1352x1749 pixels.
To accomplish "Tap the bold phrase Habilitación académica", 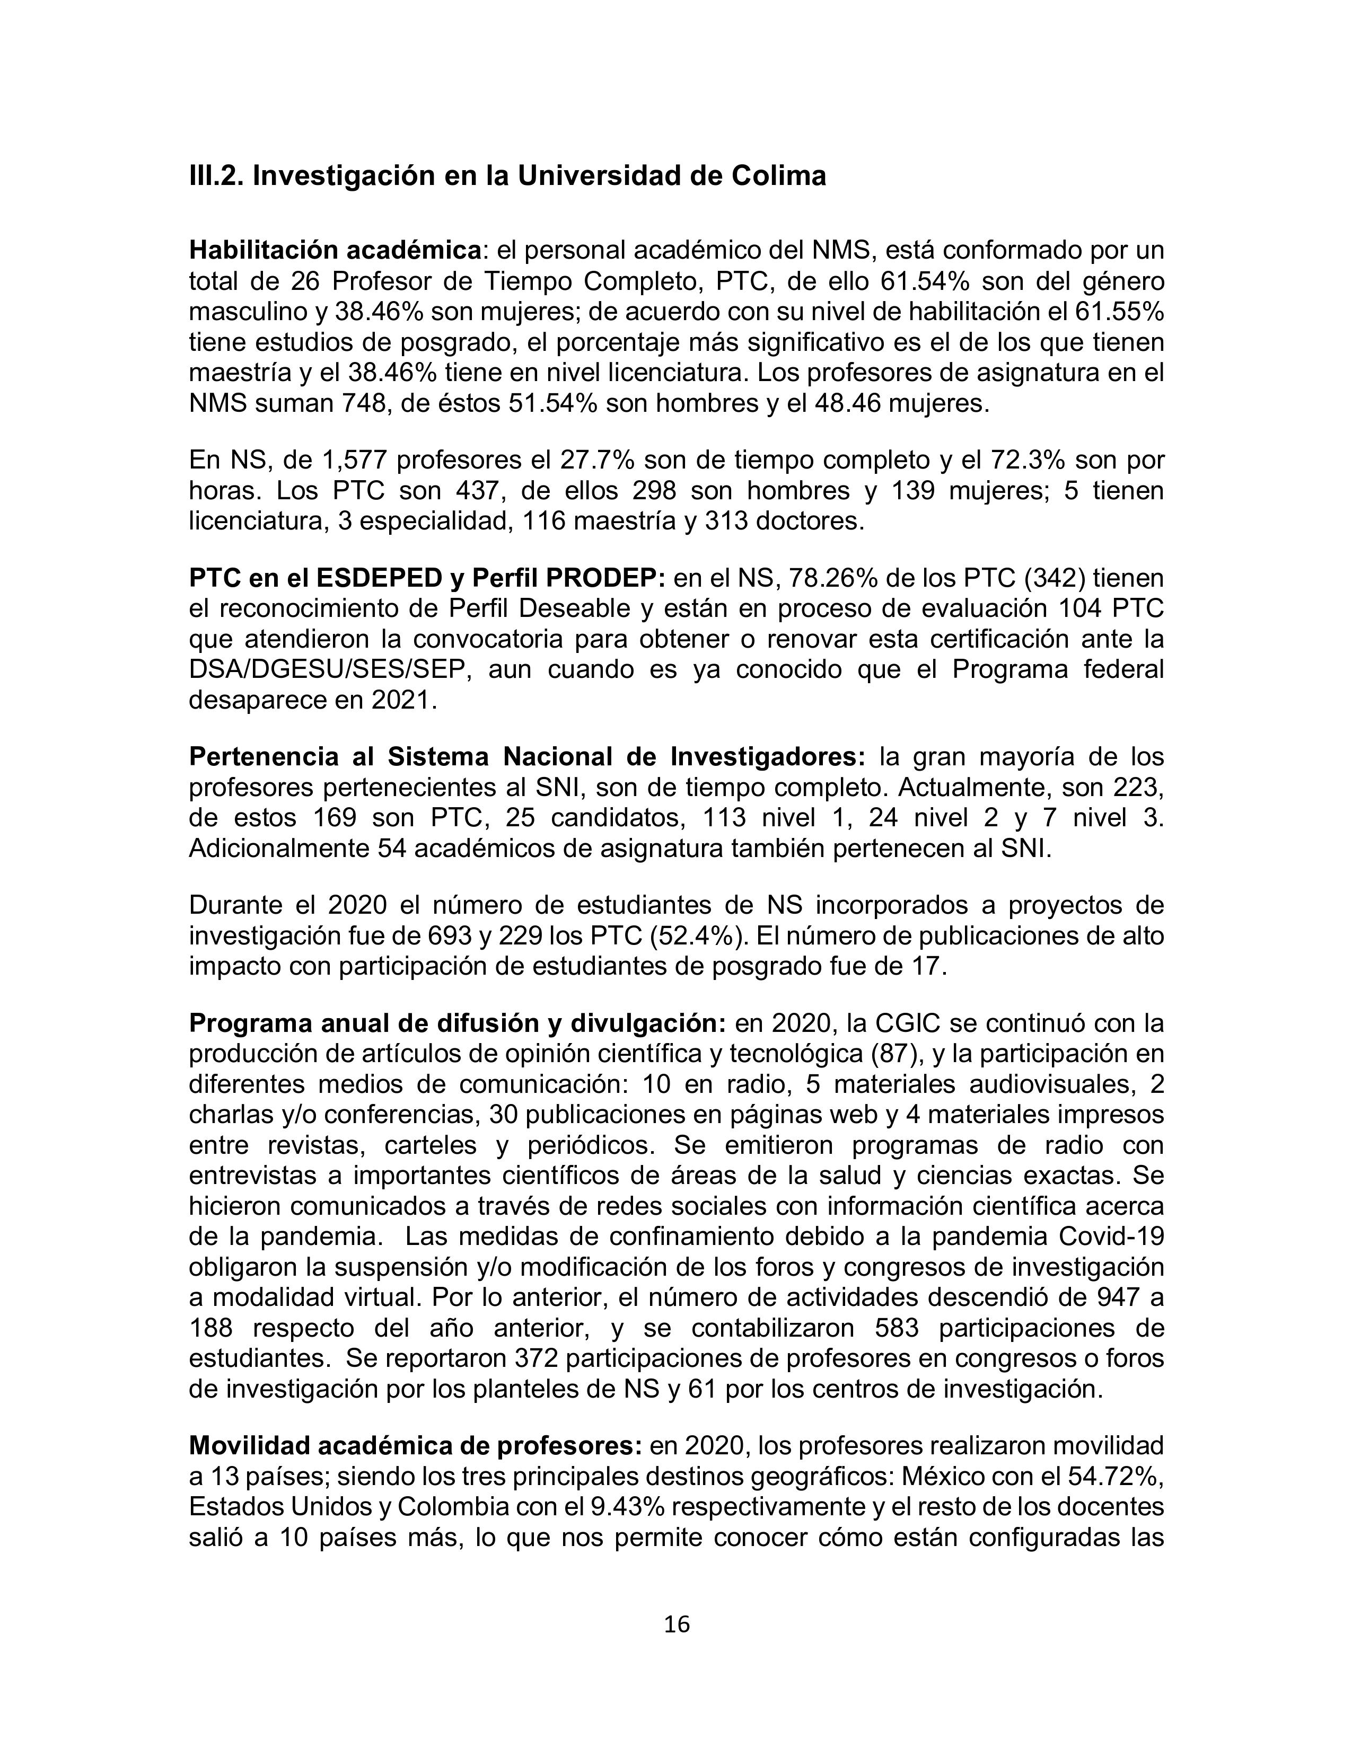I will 335,251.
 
